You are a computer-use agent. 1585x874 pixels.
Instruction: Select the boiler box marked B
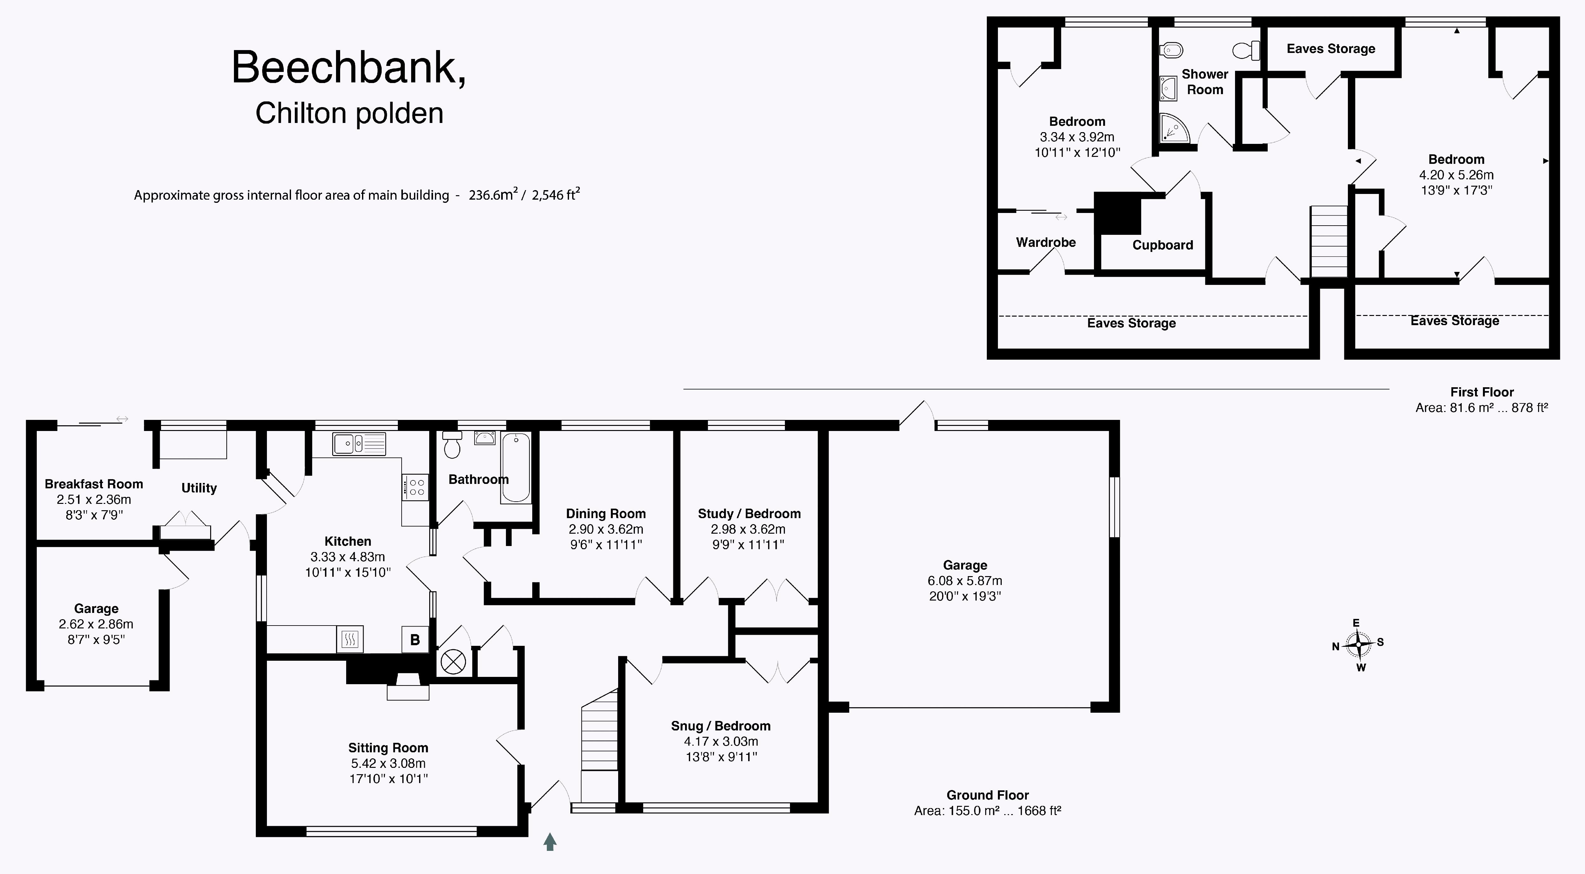pyautogui.click(x=415, y=640)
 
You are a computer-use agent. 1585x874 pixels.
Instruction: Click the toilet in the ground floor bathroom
pyautogui.click(x=452, y=445)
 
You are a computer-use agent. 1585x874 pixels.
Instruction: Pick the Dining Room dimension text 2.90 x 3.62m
pyautogui.click(x=606, y=529)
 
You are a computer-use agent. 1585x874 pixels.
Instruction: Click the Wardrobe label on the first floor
pyautogui.click(x=1046, y=242)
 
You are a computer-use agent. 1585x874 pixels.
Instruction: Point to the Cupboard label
pyautogui.click(x=1163, y=245)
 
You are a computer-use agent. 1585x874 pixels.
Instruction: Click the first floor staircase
pyautogui.click(x=1329, y=242)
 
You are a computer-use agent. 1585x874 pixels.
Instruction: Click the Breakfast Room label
pyautogui.click(x=94, y=484)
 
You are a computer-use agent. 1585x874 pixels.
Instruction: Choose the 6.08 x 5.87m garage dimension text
pyautogui.click(x=965, y=581)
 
